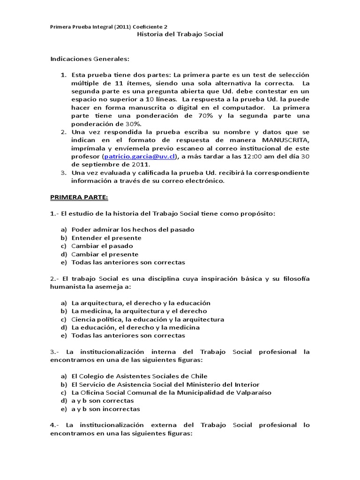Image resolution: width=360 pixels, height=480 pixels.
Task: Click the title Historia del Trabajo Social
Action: [x=180, y=34]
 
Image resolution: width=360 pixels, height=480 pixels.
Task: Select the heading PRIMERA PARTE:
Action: [x=79, y=197]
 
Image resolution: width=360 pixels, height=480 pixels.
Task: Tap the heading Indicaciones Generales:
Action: [x=89, y=59]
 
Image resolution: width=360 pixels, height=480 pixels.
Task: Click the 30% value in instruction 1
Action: [x=133, y=124]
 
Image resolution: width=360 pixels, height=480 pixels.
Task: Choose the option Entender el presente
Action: [x=106, y=238]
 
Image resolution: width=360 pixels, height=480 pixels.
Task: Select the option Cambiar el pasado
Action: [x=102, y=246]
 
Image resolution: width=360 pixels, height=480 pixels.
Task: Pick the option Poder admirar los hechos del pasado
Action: [x=133, y=229]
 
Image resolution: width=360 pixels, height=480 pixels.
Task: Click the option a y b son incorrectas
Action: [x=105, y=409]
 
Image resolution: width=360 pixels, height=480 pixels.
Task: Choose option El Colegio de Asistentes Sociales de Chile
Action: [x=139, y=376]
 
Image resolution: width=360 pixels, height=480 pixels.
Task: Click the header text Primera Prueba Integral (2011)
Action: [x=89, y=27]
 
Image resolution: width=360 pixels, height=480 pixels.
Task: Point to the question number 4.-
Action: [x=56, y=425]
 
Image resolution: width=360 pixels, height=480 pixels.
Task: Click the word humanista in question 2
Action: [x=69, y=286]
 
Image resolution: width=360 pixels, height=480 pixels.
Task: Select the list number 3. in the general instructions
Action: [x=64, y=172]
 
